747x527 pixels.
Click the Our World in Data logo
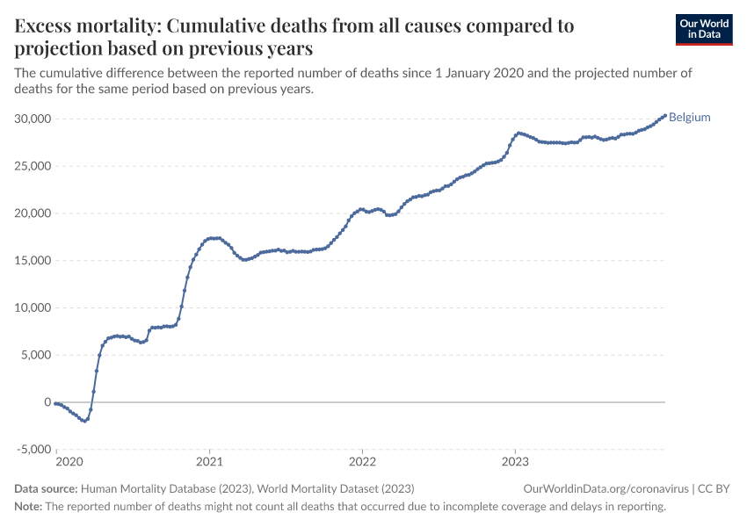704,30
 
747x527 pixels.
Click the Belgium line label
689,117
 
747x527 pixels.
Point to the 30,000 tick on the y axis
33,119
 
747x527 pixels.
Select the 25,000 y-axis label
33,166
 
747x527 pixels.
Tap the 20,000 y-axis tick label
33,213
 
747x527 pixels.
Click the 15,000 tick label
33,260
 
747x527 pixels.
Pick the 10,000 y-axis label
33,307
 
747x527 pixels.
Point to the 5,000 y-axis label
36,355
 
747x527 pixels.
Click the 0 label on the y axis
47,402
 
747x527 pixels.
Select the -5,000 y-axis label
33,450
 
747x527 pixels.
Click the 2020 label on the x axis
69,461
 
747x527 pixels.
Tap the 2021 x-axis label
209,461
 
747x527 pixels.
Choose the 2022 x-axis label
362,461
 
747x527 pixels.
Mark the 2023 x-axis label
515,461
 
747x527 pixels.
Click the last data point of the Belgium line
665,116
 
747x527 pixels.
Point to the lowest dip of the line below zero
84,422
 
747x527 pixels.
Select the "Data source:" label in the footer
46,489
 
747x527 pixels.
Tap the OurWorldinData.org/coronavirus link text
606,489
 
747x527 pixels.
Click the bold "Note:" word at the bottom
29,506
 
